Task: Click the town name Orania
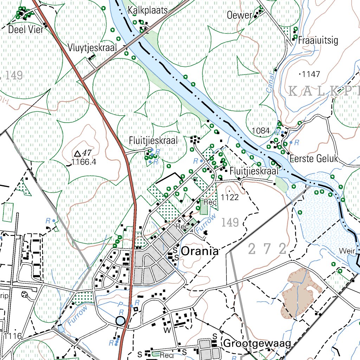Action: pyautogui.click(x=200, y=251)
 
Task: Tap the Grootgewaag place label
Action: pyautogui.click(x=257, y=343)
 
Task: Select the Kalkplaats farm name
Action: pyautogui.click(x=148, y=10)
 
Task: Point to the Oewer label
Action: pyautogui.click(x=240, y=15)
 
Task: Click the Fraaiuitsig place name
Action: pyautogui.click(x=318, y=40)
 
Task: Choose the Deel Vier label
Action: pyautogui.click(x=26, y=29)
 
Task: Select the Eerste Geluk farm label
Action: pyautogui.click(x=314, y=159)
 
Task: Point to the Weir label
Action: pyautogui.click(x=346, y=251)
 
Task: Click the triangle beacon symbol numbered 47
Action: pyautogui.click(x=78, y=153)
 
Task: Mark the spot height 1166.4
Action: pyautogui.click(x=83, y=162)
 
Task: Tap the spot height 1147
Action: pyautogui.click(x=311, y=74)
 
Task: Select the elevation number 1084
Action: pyautogui.click(x=261, y=131)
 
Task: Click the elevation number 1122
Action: pyautogui.click(x=230, y=197)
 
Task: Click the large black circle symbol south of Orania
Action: pyautogui.click(x=121, y=321)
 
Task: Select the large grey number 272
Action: pyautogui.click(x=267, y=249)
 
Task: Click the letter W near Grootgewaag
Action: pyautogui.click(x=167, y=330)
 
